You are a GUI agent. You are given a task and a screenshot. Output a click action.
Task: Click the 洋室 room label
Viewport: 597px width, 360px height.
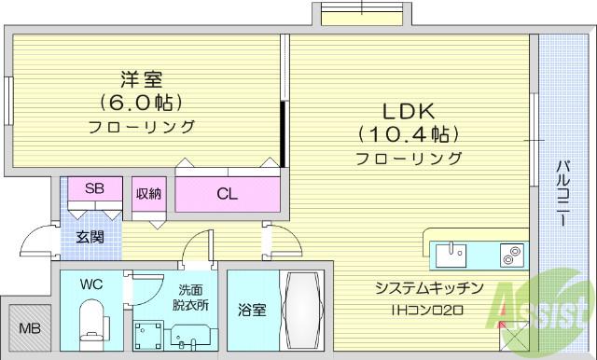142,79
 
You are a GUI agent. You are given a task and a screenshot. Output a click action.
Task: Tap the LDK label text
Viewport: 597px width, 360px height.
409,111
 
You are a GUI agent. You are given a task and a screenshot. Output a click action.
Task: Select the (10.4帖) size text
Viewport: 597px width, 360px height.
409,134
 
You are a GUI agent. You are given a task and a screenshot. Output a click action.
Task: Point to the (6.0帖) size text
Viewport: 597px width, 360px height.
141,103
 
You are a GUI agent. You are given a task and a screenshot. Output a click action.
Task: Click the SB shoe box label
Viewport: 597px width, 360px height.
94,188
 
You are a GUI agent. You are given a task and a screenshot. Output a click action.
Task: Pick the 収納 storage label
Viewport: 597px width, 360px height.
149,194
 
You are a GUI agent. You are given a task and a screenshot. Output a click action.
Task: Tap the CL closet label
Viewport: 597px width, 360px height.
227,194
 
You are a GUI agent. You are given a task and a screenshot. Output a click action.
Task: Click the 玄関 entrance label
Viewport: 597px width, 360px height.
90,238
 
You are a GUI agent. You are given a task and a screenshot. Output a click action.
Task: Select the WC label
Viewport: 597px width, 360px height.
91,284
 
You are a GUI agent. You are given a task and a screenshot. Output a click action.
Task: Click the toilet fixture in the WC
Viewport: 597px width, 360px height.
92,325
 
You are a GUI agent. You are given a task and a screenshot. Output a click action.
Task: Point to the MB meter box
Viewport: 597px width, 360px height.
30,327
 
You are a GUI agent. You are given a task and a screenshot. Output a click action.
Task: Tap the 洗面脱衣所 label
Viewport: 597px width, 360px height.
190,298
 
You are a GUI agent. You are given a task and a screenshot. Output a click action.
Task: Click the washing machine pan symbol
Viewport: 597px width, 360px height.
148,335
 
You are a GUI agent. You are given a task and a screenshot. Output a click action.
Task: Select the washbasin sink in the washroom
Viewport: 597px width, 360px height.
189,337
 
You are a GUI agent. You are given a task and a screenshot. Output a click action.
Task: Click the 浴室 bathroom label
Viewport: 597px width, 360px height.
252,310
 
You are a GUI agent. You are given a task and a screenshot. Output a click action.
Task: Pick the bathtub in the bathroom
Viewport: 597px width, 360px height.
302,311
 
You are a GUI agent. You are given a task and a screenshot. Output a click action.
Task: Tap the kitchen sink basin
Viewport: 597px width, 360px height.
451,256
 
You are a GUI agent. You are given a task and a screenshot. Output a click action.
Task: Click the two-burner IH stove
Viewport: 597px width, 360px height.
511,256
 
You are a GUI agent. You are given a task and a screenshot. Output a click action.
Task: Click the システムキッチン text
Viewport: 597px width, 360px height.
429,288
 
